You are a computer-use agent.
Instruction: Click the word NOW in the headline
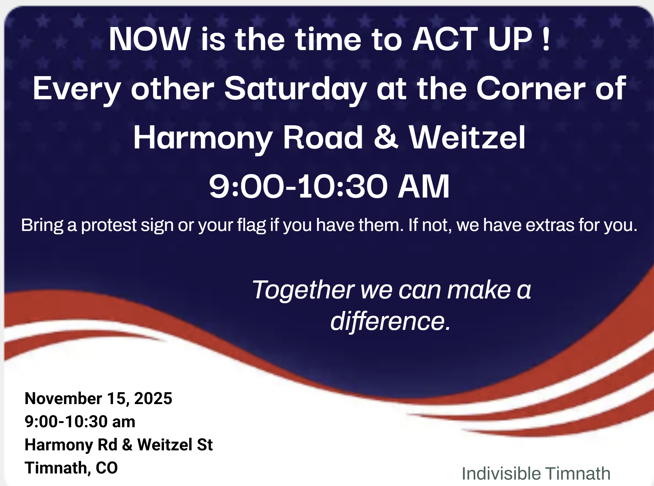click(150, 39)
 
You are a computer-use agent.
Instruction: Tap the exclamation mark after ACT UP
click(546, 39)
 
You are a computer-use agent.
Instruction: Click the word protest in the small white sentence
click(109, 225)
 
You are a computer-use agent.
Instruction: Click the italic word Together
click(303, 290)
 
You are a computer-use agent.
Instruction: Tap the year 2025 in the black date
click(153, 398)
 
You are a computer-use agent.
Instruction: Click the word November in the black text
click(63, 398)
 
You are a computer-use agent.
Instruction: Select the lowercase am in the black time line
click(123, 422)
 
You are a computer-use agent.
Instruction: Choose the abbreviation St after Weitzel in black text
click(205, 445)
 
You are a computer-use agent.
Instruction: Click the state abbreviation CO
click(107, 468)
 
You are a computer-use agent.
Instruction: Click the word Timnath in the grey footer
click(578, 473)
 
